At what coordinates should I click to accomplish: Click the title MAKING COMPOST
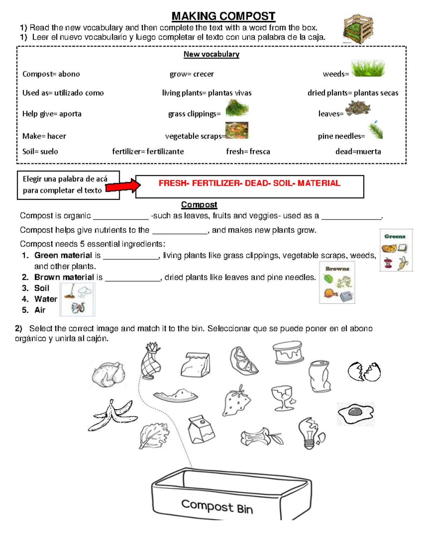click(x=223, y=16)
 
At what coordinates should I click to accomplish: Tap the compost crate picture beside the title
click(x=358, y=29)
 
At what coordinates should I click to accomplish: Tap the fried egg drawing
click(x=355, y=413)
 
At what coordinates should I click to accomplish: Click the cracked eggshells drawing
click(x=364, y=372)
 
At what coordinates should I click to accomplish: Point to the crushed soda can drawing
click(x=320, y=376)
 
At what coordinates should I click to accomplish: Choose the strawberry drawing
click(x=237, y=402)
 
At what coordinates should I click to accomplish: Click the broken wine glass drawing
click(x=283, y=398)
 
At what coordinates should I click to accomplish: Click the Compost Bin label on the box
click(x=217, y=506)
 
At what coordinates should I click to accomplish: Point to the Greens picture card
click(x=396, y=250)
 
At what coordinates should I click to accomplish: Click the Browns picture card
click(x=337, y=282)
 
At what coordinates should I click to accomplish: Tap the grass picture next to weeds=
click(x=368, y=68)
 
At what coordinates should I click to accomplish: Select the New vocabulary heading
click(x=211, y=54)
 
